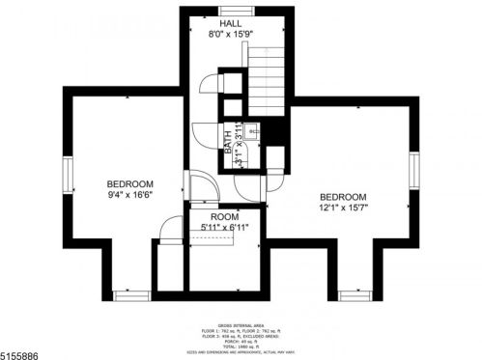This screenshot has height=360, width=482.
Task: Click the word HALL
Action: coord(231,22)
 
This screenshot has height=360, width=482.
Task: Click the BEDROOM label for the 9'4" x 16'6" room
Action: coord(129,183)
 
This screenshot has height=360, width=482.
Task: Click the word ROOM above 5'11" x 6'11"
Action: coord(225,217)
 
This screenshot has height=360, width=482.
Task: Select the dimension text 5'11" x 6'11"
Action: coord(225,228)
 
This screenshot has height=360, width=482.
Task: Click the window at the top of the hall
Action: coord(231,9)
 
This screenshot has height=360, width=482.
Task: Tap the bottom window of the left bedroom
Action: coord(128,292)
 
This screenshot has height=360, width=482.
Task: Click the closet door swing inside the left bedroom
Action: coord(170,231)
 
